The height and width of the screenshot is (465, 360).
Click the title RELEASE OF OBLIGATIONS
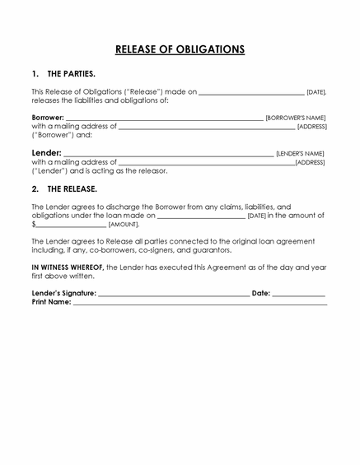(180, 49)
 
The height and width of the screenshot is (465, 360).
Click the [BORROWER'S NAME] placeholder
(295, 119)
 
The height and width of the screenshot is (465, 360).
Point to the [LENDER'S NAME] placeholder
(300, 154)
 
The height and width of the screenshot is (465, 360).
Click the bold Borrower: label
(47, 118)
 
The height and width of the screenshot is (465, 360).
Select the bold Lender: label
(46, 153)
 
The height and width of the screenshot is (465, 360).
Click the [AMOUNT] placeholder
(124, 224)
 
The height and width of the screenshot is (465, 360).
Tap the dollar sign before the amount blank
(34, 224)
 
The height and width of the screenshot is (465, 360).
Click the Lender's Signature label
(63, 293)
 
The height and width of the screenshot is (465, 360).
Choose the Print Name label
(51, 302)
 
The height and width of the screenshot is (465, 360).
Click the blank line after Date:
(298, 294)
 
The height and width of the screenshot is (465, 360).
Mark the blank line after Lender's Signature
(173, 294)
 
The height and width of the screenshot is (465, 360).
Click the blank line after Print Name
(199, 304)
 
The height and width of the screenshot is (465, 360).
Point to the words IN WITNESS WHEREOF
(68, 267)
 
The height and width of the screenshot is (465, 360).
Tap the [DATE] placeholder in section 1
(316, 92)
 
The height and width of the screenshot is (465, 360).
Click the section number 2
(35, 188)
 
